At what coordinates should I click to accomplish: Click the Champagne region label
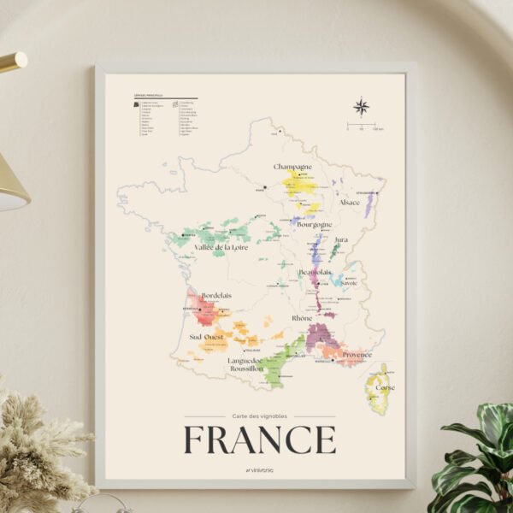click(292, 167)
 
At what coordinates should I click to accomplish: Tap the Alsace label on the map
click(350, 203)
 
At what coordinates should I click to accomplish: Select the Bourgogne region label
click(315, 225)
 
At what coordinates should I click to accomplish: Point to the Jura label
click(341, 240)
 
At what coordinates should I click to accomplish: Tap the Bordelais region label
click(216, 296)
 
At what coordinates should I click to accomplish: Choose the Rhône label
click(302, 318)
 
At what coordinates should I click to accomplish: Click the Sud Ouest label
click(208, 337)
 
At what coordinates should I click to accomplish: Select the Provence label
click(357, 354)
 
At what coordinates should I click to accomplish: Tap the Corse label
click(386, 387)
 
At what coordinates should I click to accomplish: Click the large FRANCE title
click(260, 440)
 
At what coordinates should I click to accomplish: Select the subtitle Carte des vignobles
click(260, 416)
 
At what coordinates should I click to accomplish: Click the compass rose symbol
click(362, 107)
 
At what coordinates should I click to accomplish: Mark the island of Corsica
click(377, 389)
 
